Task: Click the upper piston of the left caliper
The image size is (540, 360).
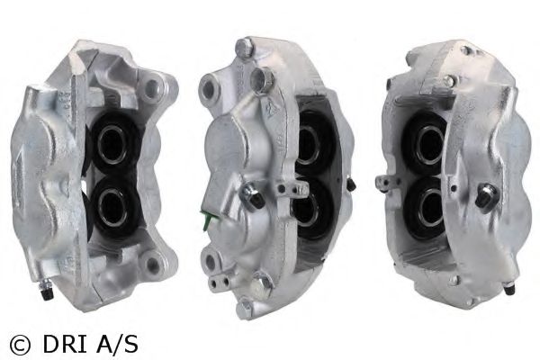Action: tap(113, 140)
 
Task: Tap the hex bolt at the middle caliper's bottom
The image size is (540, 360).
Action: tap(261, 287)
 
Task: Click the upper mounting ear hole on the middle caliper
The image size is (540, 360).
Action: tap(209, 88)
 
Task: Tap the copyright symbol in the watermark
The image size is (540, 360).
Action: tap(19, 342)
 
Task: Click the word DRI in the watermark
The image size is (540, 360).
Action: tap(59, 342)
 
